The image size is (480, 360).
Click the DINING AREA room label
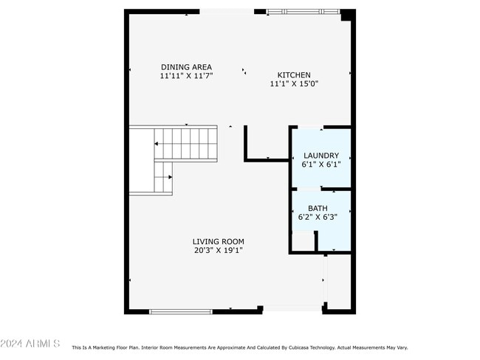(x=186, y=67)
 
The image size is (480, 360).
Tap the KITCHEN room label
(x=293, y=75)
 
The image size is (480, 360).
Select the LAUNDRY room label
(x=321, y=156)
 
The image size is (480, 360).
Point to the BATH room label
(x=318, y=209)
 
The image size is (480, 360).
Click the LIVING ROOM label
(x=218, y=241)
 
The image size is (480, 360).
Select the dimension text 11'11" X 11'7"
(x=186, y=76)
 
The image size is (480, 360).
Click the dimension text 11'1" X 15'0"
(x=293, y=84)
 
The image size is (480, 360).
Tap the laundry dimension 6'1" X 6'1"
(x=321, y=165)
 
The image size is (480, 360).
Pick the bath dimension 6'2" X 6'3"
(x=318, y=218)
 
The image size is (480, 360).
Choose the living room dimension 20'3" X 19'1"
(x=218, y=250)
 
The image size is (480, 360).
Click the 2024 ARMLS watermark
(x=30, y=345)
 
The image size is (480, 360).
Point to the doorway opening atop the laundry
(x=310, y=128)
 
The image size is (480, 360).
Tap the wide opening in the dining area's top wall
(x=226, y=11)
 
